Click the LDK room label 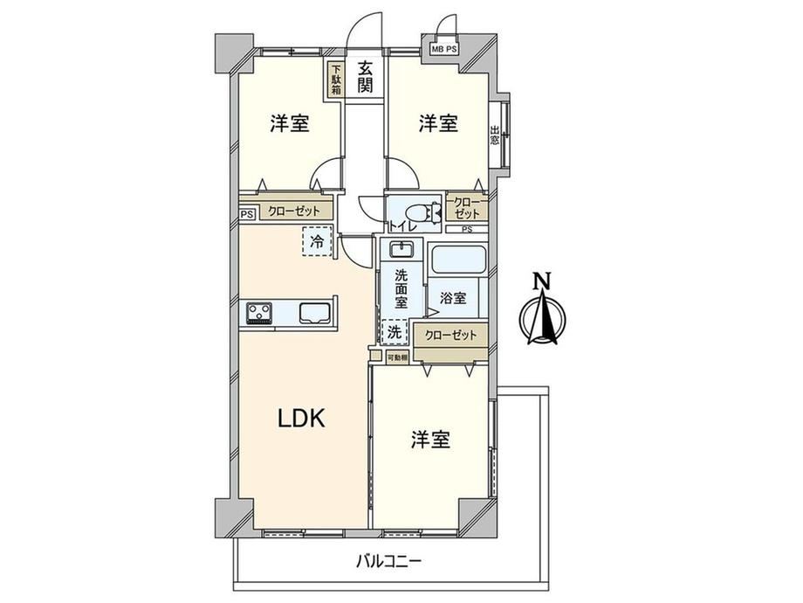click(301, 419)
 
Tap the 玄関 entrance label click(365, 78)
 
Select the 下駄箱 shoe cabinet click(336, 80)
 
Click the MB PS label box click(443, 49)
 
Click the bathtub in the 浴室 click(458, 260)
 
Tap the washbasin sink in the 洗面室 click(401, 249)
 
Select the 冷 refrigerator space click(318, 241)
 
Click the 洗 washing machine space click(395, 332)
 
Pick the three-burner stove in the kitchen click(259, 313)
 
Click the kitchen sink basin click(315, 313)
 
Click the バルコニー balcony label click(388, 561)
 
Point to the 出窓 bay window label click(494, 135)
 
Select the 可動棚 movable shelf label click(397, 357)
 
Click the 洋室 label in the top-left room click(290, 123)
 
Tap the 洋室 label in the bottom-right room click(430, 440)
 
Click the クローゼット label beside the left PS click(294, 211)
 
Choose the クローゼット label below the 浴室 click(450, 336)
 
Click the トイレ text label click(403, 226)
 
